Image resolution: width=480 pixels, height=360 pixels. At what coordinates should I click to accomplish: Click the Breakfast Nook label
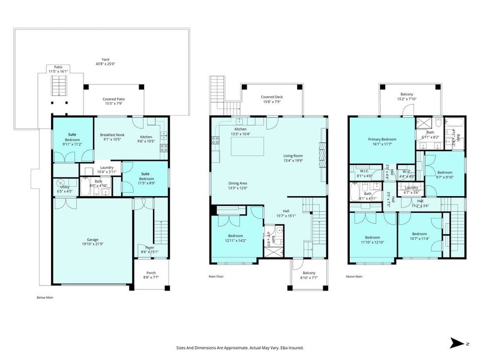pos(112,136)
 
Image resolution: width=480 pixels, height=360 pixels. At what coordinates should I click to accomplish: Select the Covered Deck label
pos(273,97)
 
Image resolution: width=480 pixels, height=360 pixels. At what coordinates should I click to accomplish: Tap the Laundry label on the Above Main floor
pos(412,188)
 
